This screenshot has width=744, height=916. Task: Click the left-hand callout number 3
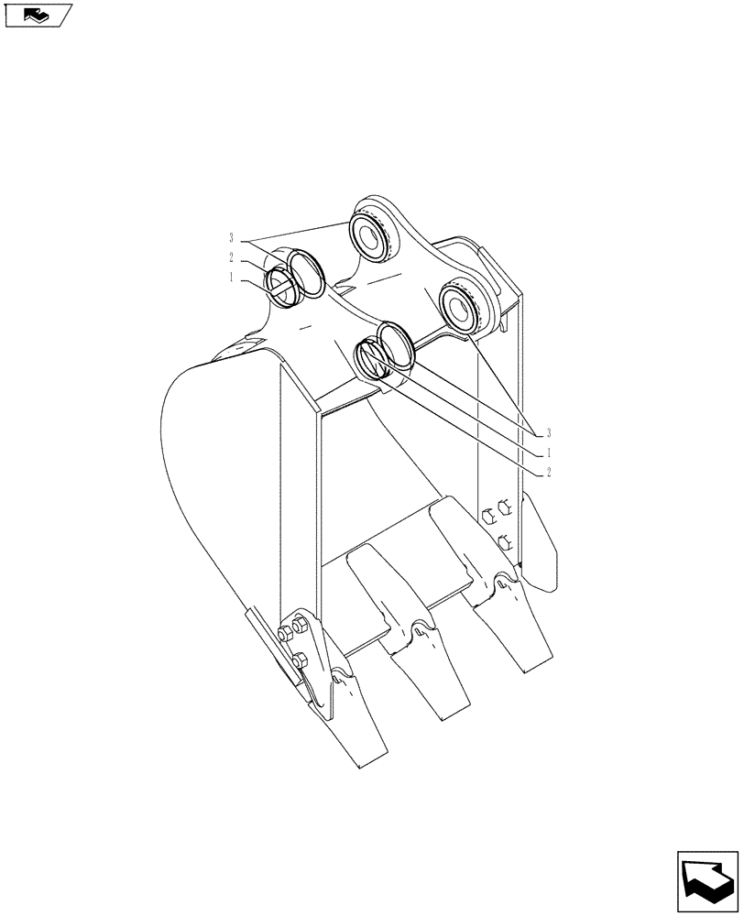pos(231,236)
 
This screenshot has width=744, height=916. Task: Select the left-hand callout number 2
pos(233,256)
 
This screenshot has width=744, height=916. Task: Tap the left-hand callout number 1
pos(233,276)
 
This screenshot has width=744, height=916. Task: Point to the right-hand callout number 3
pos(548,431)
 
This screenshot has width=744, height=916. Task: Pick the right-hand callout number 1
pos(548,453)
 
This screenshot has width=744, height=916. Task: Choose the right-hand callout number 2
pos(548,473)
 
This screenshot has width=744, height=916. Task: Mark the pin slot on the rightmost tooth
pos(502,580)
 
